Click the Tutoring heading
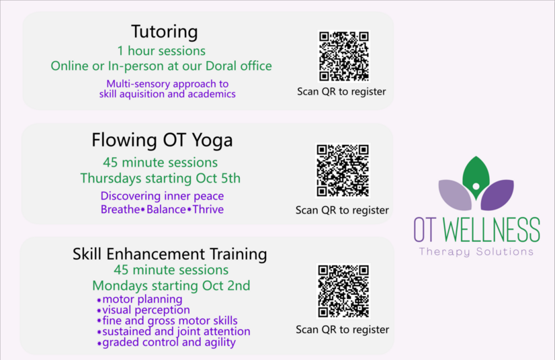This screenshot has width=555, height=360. [x=164, y=32]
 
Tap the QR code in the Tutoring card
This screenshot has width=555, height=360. [x=344, y=56]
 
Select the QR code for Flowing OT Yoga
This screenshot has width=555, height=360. [x=343, y=171]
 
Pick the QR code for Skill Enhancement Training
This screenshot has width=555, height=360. [x=343, y=291]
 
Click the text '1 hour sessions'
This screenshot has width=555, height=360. [x=161, y=51]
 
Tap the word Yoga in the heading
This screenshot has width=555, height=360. [x=212, y=140]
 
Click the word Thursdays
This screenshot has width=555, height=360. [x=111, y=179]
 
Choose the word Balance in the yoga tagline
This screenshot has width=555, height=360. [x=166, y=210]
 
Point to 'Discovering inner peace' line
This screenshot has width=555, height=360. [x=162, y=196]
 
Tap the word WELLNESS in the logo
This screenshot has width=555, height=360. [x=492, y=230]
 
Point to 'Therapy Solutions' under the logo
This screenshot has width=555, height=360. [x=476, y=252]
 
